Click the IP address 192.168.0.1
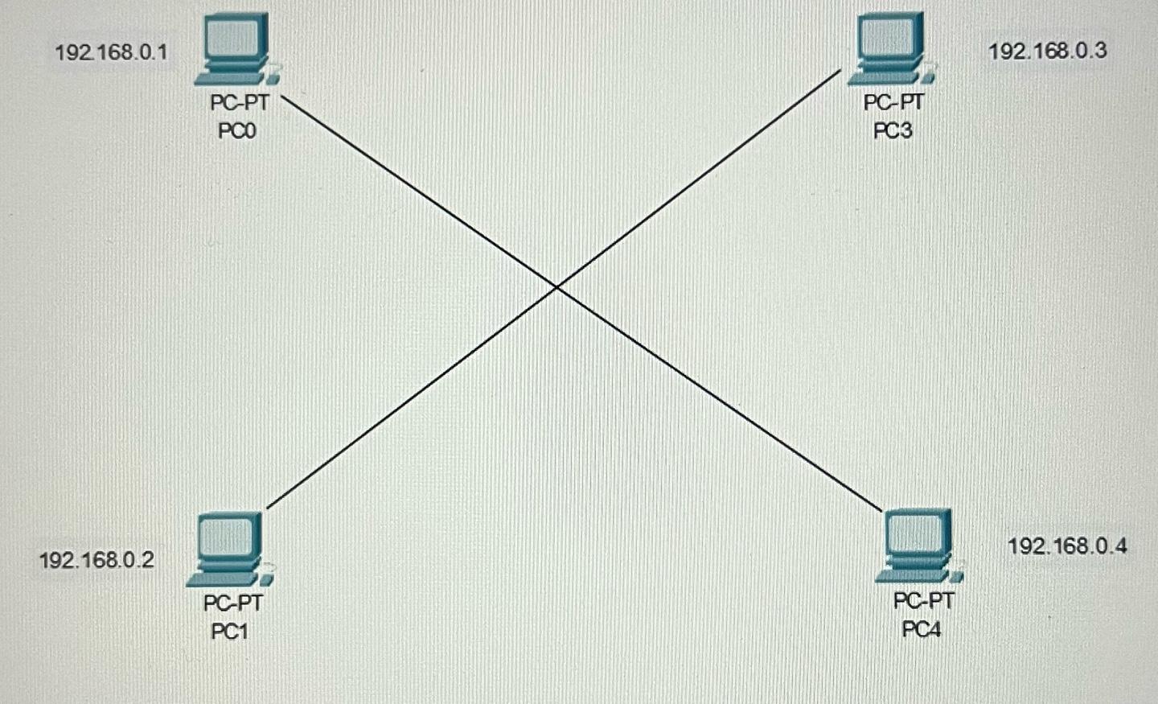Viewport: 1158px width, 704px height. [x=111, y=52]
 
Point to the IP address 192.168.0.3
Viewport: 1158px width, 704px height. [x=1047, y=51]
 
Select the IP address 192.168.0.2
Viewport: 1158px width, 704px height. [x=96, y=560]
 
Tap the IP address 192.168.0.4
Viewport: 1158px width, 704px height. [x=1067, y=546]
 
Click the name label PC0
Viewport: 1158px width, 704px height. [x=237, y=130]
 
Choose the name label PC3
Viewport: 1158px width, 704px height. [x=893, y=130]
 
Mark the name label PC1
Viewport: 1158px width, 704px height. [x=230, y=632]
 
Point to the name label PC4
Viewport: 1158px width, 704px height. [x=922, y=629]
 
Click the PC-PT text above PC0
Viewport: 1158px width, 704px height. [x=239, y=103]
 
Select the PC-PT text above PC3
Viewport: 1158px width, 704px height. [x=893, y=103]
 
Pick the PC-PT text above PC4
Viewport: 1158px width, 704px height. [x=923, y=601]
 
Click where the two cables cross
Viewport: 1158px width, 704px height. [x=556, y=286]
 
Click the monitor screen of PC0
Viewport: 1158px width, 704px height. [x=235, y=39]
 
